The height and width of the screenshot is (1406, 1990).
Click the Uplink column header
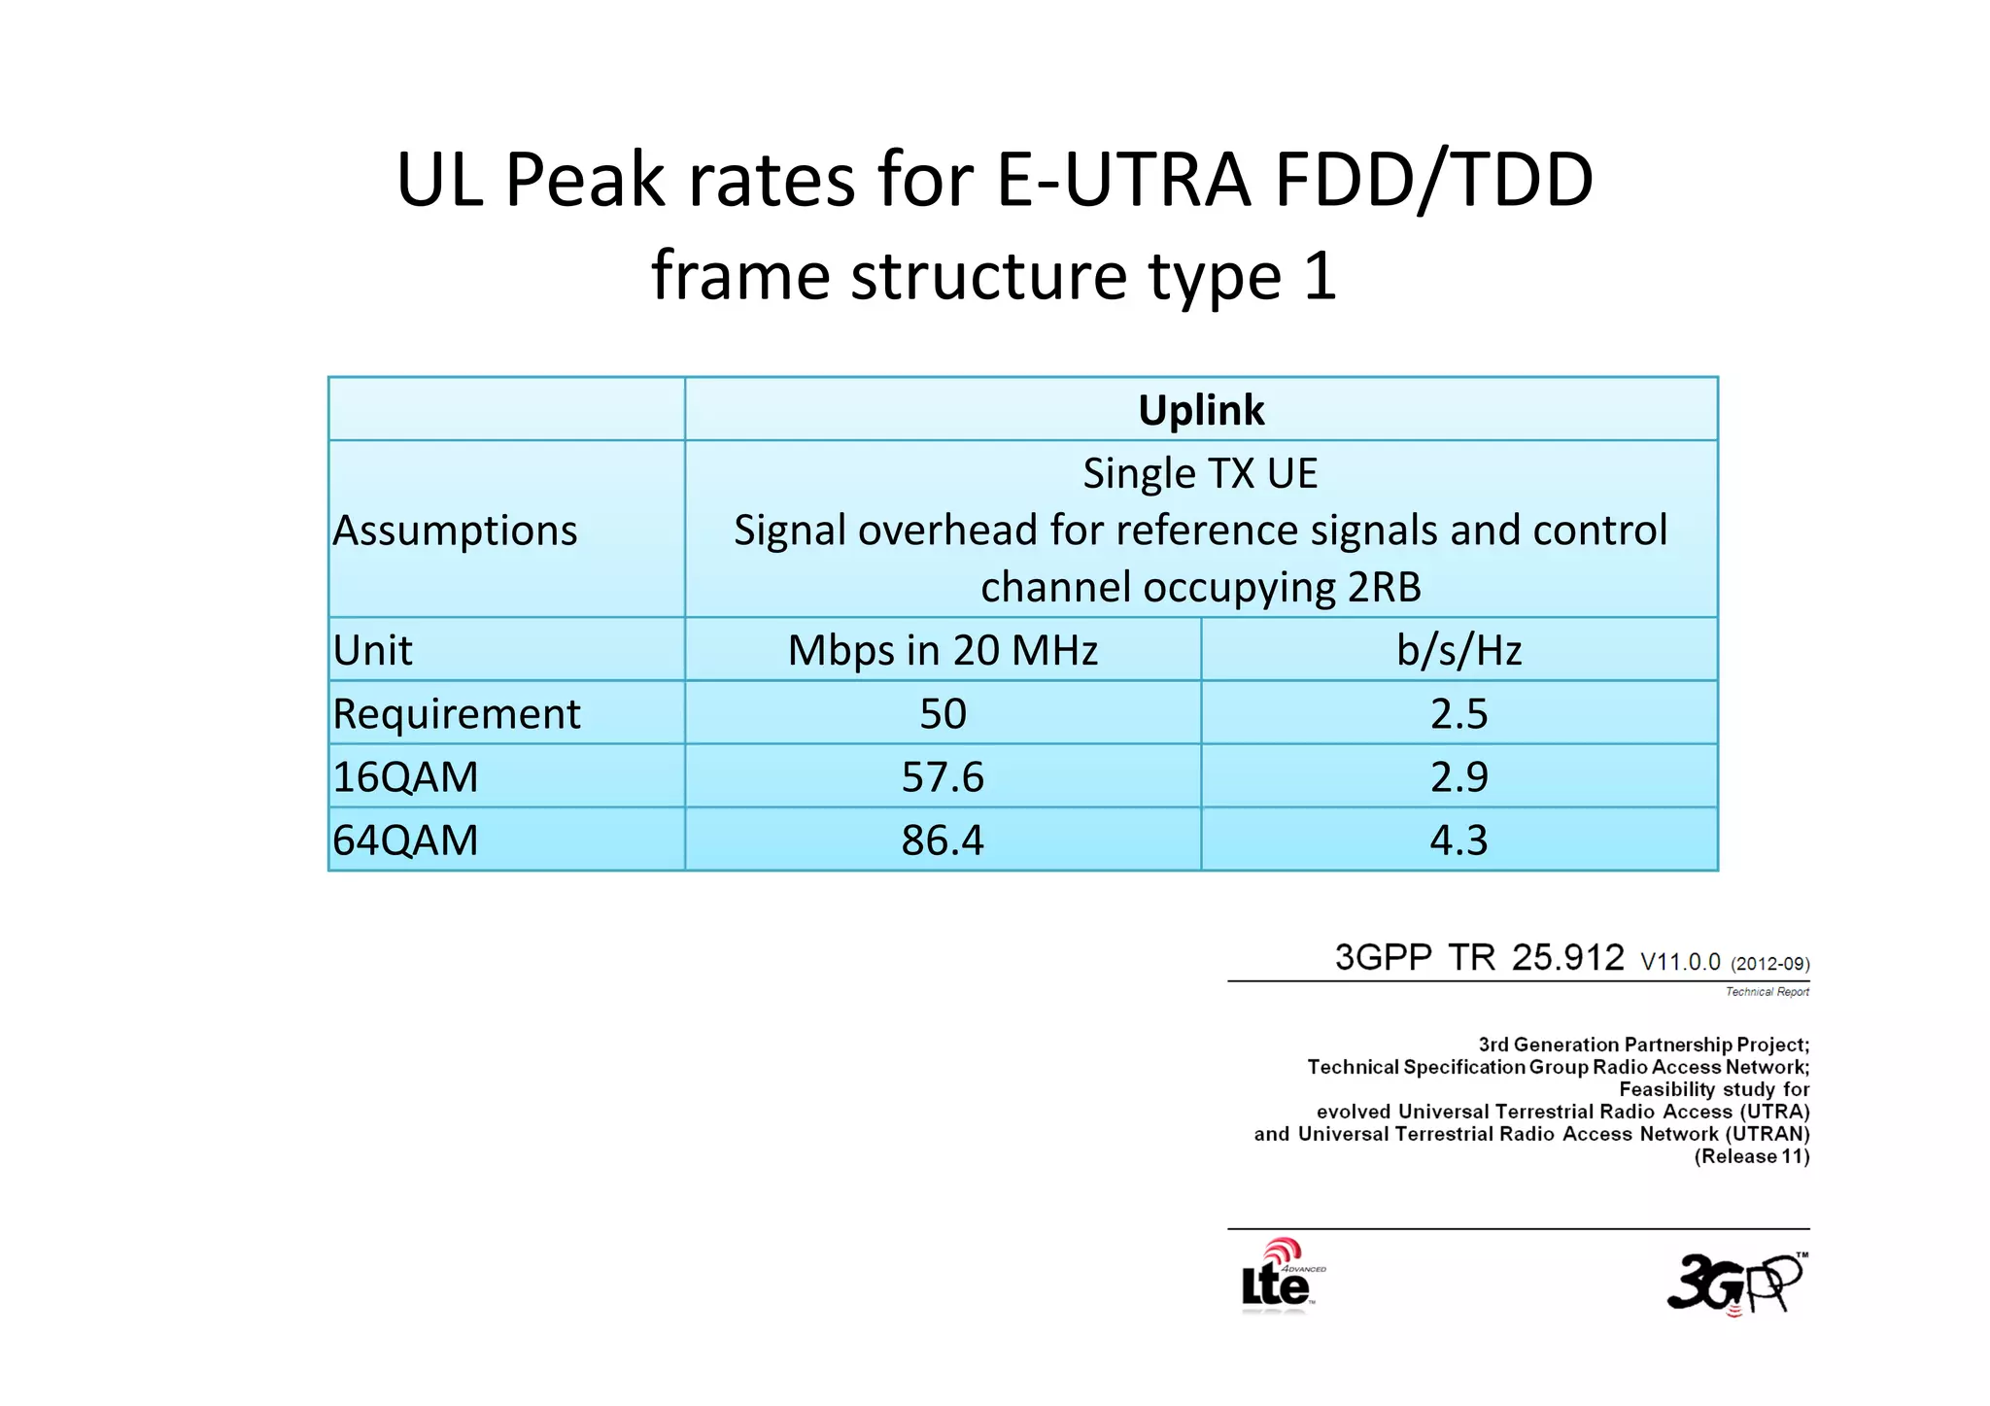1201,410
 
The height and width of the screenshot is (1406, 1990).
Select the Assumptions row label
455,531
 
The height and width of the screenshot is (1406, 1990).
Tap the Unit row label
372,650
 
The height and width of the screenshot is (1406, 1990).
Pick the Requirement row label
456,714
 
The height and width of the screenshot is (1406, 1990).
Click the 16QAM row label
405,777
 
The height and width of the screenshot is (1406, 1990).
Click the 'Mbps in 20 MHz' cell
943,650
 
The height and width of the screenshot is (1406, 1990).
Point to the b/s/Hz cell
1458,650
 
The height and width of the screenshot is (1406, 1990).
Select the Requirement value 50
943,714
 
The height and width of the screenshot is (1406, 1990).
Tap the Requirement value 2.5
1458,714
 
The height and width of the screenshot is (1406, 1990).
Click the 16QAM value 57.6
943,777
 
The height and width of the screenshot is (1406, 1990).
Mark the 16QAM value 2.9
1458,777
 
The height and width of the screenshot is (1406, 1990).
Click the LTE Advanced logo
1281,1278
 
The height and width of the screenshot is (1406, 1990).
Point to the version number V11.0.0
1680,962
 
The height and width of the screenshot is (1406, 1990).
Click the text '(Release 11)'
1751,1156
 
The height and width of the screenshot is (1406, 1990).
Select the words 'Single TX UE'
1201,474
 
